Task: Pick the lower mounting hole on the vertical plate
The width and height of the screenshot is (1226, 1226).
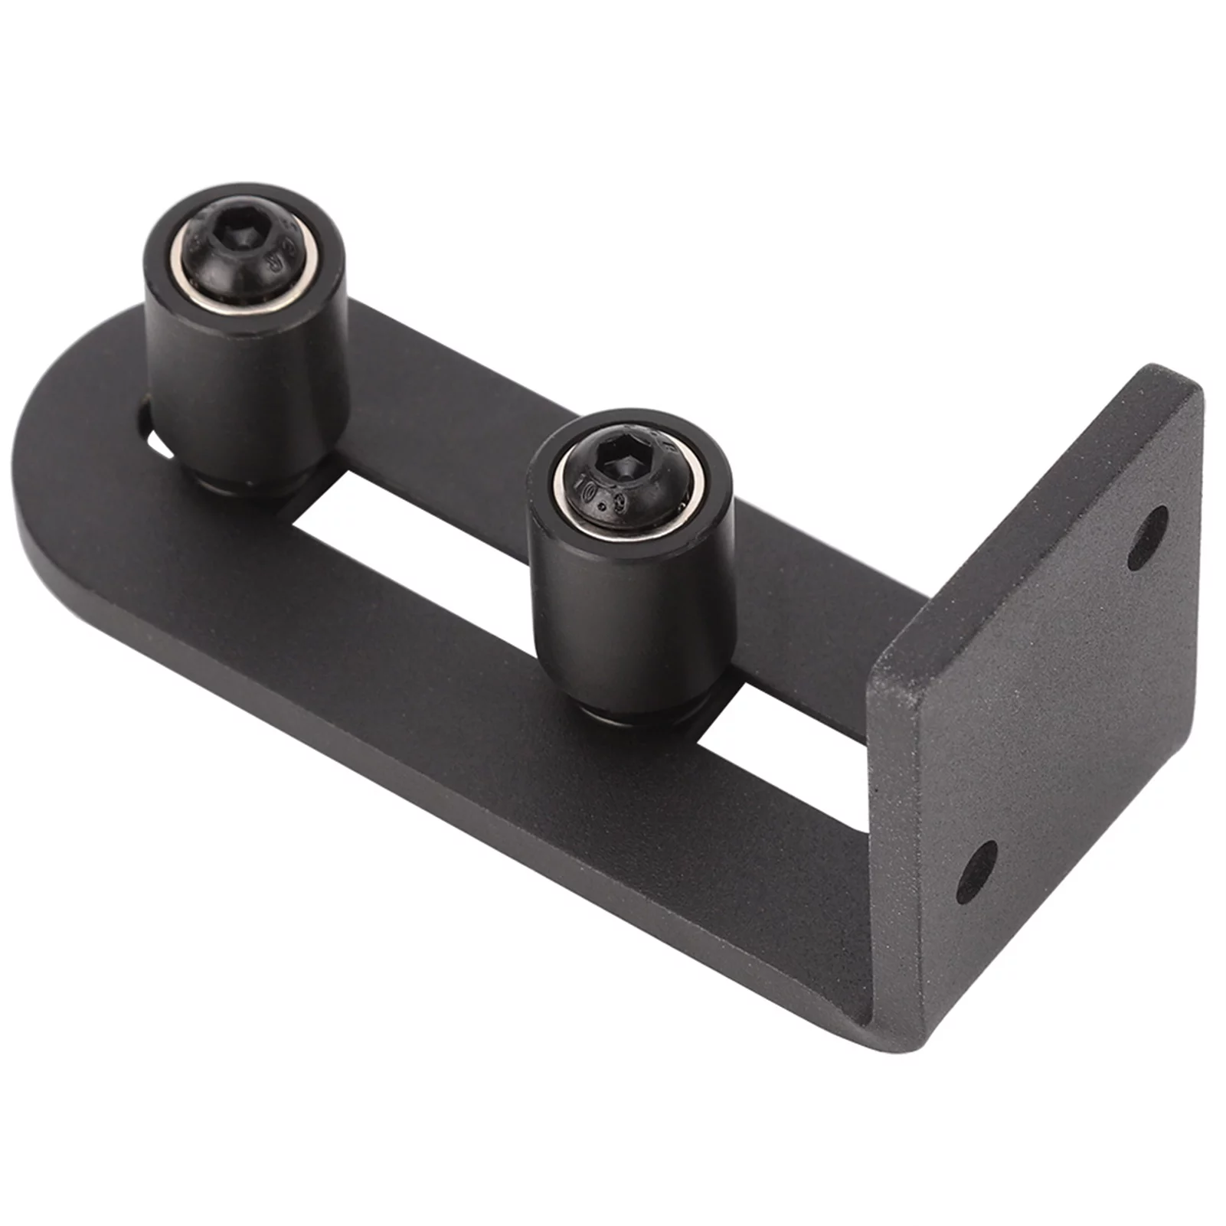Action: click(976, 871)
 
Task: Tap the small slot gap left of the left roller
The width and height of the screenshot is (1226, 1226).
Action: click(150, 425)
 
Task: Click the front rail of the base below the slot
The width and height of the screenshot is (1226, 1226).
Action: click(459, 689)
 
